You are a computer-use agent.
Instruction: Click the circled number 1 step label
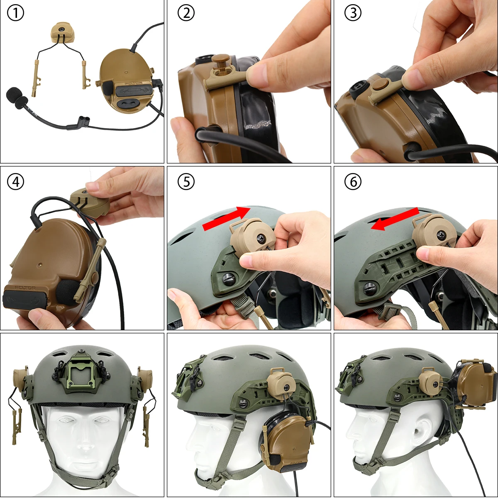(x=15, y=14)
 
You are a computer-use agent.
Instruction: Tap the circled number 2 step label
(x=186, y=14)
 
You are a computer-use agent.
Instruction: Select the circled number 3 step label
(x=353, y=14)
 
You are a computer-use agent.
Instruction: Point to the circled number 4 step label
(x=15, y=182)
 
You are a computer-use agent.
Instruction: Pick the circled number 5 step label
(x=186, y=182)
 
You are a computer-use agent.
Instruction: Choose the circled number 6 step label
(x=353, y=182)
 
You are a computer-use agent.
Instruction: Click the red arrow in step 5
(x=226, y=219)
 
